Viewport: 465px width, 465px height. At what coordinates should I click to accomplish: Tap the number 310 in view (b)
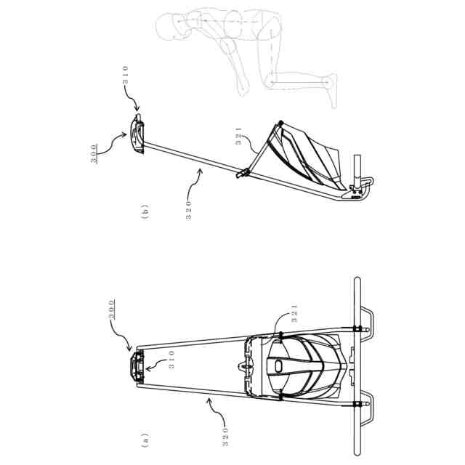[x=126, y=76]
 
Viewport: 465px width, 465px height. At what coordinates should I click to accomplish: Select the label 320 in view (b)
[x=189, y=210]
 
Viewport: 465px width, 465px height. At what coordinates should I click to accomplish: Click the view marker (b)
[x=146, y=213]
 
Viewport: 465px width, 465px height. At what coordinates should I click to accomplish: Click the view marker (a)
[x=146, y=440]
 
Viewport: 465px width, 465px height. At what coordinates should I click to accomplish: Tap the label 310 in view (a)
[x=171, y=361]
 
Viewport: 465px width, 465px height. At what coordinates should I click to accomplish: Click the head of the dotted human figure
[x=169, y=28]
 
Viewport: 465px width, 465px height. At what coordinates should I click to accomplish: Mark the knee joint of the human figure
[x=273, y=80]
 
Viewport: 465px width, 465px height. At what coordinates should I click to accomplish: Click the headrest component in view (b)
[x=137, y=134]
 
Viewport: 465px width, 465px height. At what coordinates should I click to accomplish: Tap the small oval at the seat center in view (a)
[x=278, y=366]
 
